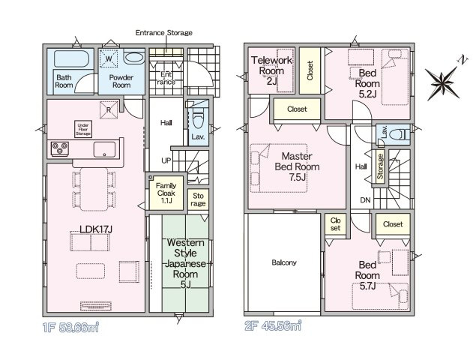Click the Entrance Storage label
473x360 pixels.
[x=164, y=32]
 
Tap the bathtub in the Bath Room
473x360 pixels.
[x=71, y=58]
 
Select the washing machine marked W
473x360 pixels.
[x=109, y=58]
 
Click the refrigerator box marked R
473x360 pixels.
[x=109, y=109]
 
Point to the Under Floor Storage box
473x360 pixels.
[x=83, y=129]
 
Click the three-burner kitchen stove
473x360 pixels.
[x=60, y=148]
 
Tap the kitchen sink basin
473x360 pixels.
[x=104, y=149]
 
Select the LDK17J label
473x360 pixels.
[x=96, y=229]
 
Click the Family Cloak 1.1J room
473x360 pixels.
[x=166, y=193]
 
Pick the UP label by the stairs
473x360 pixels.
[x=166, y=160]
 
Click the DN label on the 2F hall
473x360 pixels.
[x=365, y=200]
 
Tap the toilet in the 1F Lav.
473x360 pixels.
[x=199, y=119]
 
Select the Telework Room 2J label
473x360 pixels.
[x=271, y=70]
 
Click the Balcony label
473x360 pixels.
[x=284, y=262]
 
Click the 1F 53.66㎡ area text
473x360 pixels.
[x=71, y=327]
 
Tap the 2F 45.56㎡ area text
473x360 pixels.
[x=273, y=325]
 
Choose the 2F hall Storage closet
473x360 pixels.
[x=380, y=166]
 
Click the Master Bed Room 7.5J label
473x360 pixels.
[x=297, y=166]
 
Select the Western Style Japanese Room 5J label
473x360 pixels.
[x=185, y=264]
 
